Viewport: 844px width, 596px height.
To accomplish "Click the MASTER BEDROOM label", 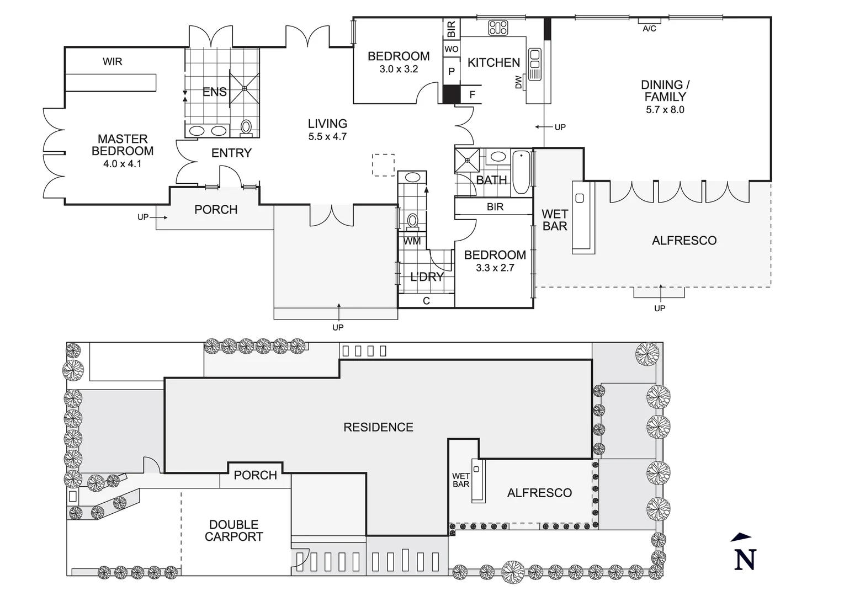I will (x=123, y=145).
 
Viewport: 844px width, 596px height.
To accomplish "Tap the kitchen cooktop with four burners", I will (x=498, y=28).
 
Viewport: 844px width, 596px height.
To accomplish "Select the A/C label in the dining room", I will (x=650, y=28).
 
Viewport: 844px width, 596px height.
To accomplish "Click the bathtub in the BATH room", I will (x=521, y=172).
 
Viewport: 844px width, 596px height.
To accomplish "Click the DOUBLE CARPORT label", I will (x=233, y=530).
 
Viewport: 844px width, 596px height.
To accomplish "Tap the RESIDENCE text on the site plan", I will (x=378, y=427).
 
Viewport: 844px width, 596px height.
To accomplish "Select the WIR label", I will (x=112, y=61).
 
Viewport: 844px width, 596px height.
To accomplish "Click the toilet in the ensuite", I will (x=246, y=127).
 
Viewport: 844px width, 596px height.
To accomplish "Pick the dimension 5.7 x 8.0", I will (x=665, y=110).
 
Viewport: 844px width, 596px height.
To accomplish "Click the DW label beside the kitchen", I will (x=518, y=83).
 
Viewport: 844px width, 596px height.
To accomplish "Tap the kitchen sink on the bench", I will (x=534, y=60).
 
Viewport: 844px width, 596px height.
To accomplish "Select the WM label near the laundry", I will (x=411, y=241).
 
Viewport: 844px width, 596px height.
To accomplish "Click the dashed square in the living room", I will (x=383, y=164).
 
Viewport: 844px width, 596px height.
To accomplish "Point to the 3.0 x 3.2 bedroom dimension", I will (x=399, y=70).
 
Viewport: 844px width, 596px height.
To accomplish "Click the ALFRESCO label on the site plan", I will (x=539, y=493).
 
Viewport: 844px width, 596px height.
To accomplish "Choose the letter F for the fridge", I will (x=472, y=95).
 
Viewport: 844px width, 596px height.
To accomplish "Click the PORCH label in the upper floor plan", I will (x=216, y=210).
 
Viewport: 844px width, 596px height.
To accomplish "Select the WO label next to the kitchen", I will (x=451, y=49).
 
